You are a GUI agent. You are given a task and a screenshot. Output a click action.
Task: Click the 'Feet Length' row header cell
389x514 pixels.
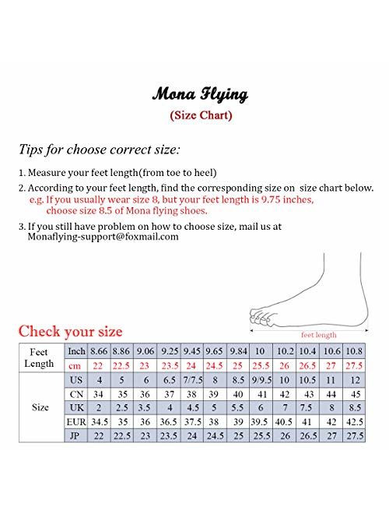[40, 357]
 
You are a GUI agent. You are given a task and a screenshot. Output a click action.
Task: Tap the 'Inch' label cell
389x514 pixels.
[76, 351]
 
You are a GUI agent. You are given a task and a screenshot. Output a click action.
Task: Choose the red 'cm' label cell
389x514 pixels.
[76, 365]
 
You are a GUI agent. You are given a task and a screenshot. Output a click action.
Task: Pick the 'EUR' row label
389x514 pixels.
[76, 421]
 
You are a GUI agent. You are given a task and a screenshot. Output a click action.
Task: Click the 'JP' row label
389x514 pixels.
[76, 435]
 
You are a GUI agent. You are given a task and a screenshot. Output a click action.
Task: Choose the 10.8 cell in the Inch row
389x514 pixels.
[355, 351]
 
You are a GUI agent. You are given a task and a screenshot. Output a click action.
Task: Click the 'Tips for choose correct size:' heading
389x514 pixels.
[100, 148]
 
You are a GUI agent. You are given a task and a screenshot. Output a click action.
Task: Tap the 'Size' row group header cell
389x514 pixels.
[40, 407]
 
